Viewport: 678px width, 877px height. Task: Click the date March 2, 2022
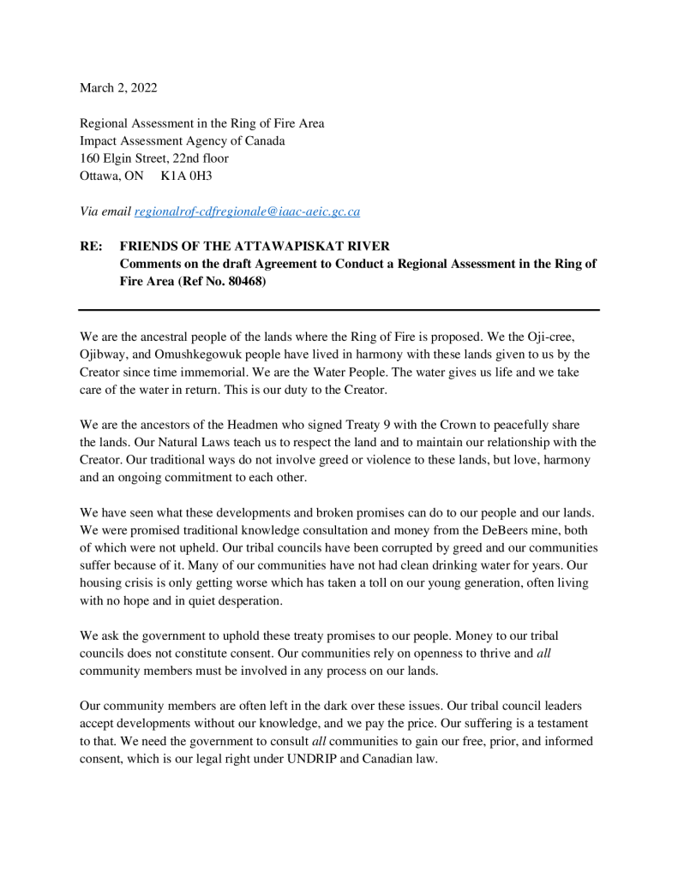pyautogui.click(x=118, y=87)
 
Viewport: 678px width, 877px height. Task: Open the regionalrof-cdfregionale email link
pyautogui.click(x=247, y=212)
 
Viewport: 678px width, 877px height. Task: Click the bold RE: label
pyautogui.click(x=92, y=247)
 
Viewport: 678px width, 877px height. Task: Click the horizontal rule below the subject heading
pyautogui.click(x=339, y=309)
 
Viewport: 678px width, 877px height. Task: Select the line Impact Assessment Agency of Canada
pyautogui.click(x=182, y=140)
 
